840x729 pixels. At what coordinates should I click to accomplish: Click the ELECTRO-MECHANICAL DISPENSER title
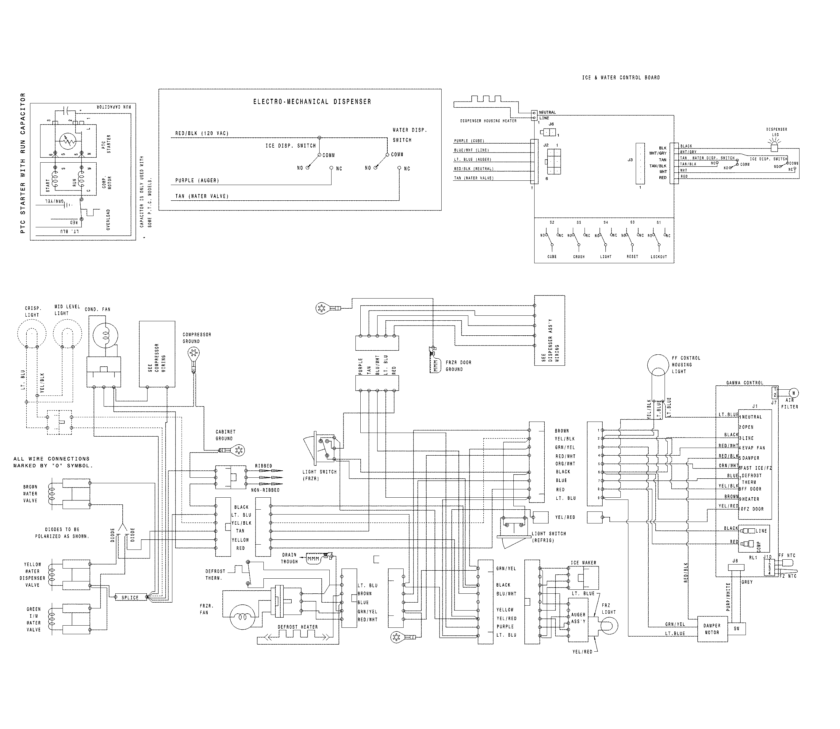(312, 102)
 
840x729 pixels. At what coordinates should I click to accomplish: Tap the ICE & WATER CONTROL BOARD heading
(621, 77)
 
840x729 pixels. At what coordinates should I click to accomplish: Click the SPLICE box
(130, 598)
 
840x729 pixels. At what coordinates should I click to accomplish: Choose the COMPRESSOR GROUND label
(197, 337)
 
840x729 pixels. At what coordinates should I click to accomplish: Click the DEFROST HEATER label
(297, 627)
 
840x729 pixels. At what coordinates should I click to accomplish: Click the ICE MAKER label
(583, 563)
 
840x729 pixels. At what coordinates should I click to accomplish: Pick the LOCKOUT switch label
(659, 257)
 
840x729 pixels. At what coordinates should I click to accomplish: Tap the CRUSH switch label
(579, 257)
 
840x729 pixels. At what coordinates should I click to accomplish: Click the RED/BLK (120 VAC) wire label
(202, 133)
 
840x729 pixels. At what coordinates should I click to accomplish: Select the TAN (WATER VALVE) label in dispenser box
(202, 196)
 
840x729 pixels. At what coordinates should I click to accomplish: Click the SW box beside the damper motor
(737, 629)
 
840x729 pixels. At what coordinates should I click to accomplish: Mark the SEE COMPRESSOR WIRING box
(157, 354)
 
